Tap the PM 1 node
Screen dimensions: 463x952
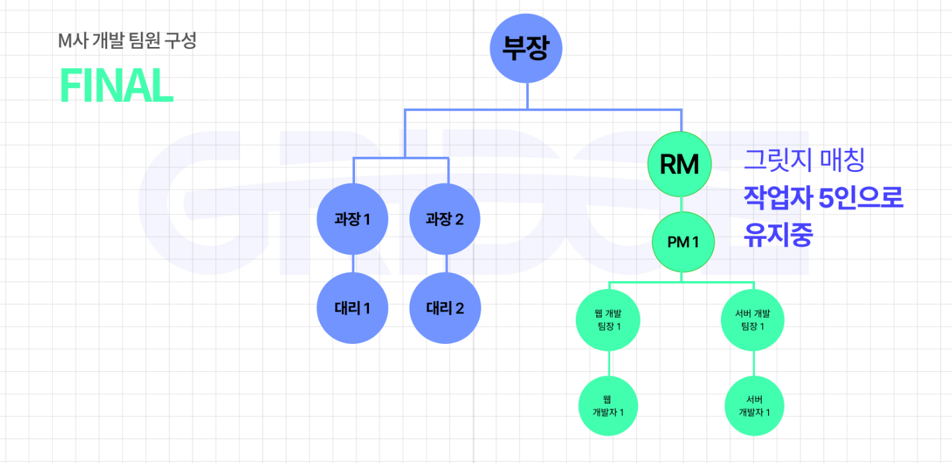click(x=683, y=242)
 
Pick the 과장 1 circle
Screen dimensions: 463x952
click(x=352, y=220)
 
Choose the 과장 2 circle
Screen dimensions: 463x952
click(x=445, y=220)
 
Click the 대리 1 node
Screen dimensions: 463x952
click(x=352, y=308)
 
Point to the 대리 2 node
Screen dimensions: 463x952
click(x=445, y=308)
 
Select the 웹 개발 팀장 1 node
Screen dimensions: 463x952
click(x=608, y=320)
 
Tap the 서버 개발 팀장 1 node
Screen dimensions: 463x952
click(x=753, y=320)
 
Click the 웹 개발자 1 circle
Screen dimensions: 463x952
click(x=608, y=405)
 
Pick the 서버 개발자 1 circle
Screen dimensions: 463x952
click(x=754, y=405)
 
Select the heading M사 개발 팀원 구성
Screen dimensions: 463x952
click(x=127, y=42)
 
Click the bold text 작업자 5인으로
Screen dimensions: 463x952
click(x=823, y=198)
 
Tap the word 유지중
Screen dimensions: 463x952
click(x=777, y=235)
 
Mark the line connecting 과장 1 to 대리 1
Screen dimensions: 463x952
click(x=352, y=265)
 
